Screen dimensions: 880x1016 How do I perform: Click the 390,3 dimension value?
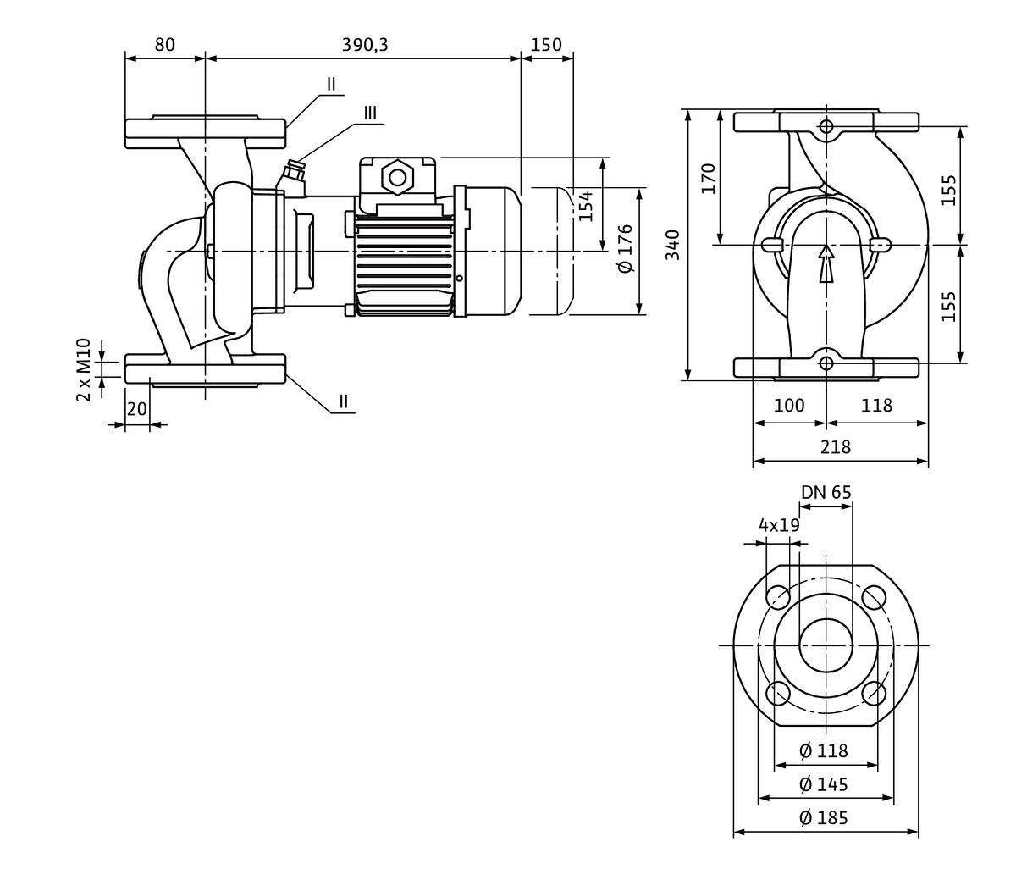[365, 45]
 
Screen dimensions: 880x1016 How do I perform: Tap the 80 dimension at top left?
[165, 45]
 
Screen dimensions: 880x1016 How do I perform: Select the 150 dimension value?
[547, 45]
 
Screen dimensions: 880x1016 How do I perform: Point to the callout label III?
[371, 113]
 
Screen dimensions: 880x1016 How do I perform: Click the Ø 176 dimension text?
[626, 248]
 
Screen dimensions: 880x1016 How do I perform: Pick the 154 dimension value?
[586, 206]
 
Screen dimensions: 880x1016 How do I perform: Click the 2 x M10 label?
[84, 369]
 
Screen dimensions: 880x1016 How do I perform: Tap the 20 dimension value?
[136, 408]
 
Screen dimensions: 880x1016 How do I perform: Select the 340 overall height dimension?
[672, 244]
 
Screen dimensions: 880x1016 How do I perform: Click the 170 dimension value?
[709, 178]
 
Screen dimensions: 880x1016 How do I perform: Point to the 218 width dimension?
[837, 446]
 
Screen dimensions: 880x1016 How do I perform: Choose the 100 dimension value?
[789, 406]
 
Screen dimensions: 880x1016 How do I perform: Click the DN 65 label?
[826, 492]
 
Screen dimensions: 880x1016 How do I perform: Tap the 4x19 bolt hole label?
[779, 525]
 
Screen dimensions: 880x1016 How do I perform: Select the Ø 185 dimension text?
[824, 817]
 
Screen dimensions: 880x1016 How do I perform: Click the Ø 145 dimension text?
[824, 783]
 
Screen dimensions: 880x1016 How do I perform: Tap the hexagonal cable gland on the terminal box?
[397, 177]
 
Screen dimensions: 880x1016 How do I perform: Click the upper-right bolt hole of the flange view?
[873, 597]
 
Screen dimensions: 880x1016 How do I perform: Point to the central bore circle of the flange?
[825, 645]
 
